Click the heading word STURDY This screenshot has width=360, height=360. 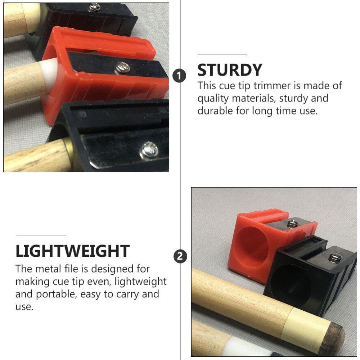coord(230,70)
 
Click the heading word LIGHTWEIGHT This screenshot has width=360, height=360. coord(72,251)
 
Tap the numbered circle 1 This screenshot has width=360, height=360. coord(180,76)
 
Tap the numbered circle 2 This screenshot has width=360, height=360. coord(180,256)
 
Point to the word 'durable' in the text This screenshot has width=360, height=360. coord(215,111)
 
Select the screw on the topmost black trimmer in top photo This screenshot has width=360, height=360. coord(95,5)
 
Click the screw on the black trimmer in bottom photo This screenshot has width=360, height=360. coord(334,257)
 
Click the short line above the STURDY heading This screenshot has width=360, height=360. coord(222,55)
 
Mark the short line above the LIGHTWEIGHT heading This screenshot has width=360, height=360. coord(41,235)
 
